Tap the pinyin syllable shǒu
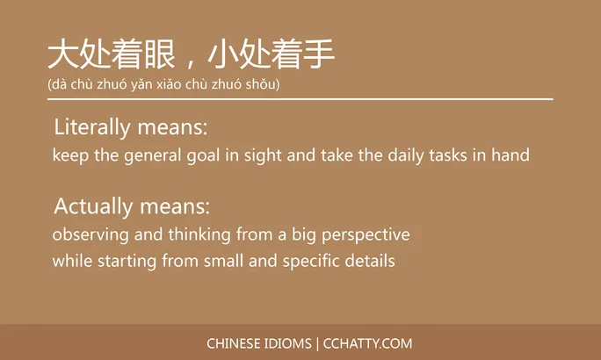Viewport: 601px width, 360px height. tap(260, 84)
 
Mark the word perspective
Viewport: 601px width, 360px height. tap(366, 235)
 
